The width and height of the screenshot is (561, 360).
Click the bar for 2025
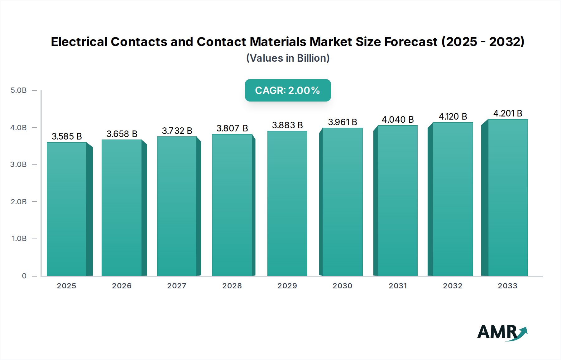(x=66, y=209)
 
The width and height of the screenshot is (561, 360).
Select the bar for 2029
(x=287, y=203)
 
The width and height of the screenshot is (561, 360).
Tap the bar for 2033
(x=507, y=197)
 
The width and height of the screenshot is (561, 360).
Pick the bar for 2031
(x=397, y=201)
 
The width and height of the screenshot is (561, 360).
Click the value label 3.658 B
(x=122, y=134)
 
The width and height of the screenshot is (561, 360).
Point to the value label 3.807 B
(x=232, y=128)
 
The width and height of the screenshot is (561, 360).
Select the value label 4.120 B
(x=453, y=116)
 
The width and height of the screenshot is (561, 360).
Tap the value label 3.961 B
(x=343, y=122)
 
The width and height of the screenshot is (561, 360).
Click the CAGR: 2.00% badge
(x=288, y=90)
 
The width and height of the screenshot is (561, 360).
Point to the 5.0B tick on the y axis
(x=19, y=90)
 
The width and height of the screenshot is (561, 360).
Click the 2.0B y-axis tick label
(x=19, y=202)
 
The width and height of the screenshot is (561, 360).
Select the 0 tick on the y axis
(x=24, y=276)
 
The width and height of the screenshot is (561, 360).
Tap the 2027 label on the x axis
(x=177, y=286)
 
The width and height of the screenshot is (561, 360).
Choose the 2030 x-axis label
(x=342, y=286)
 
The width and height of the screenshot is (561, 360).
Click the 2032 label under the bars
(x=453, y=286)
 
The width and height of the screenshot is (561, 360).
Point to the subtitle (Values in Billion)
(x=288, y=58)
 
